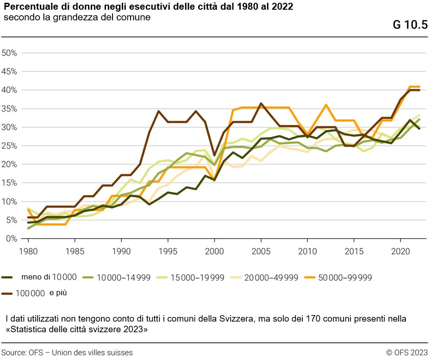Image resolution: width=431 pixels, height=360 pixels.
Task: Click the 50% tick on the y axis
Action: pyautogui.click(x=10, y=53)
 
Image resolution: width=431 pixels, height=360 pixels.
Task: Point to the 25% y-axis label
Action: pyautogui.click(x=10, y=146)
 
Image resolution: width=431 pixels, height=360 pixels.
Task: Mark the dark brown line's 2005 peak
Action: pyautogui.click(x=261, y=104)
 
